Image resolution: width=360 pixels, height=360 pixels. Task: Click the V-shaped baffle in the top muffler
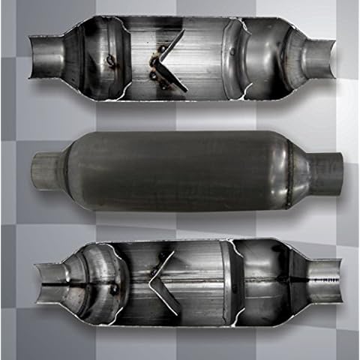(x=169, y=60)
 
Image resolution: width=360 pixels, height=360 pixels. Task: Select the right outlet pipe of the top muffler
(x=318, y=59)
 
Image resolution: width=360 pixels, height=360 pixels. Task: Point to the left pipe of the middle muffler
(x=45, y=170)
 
